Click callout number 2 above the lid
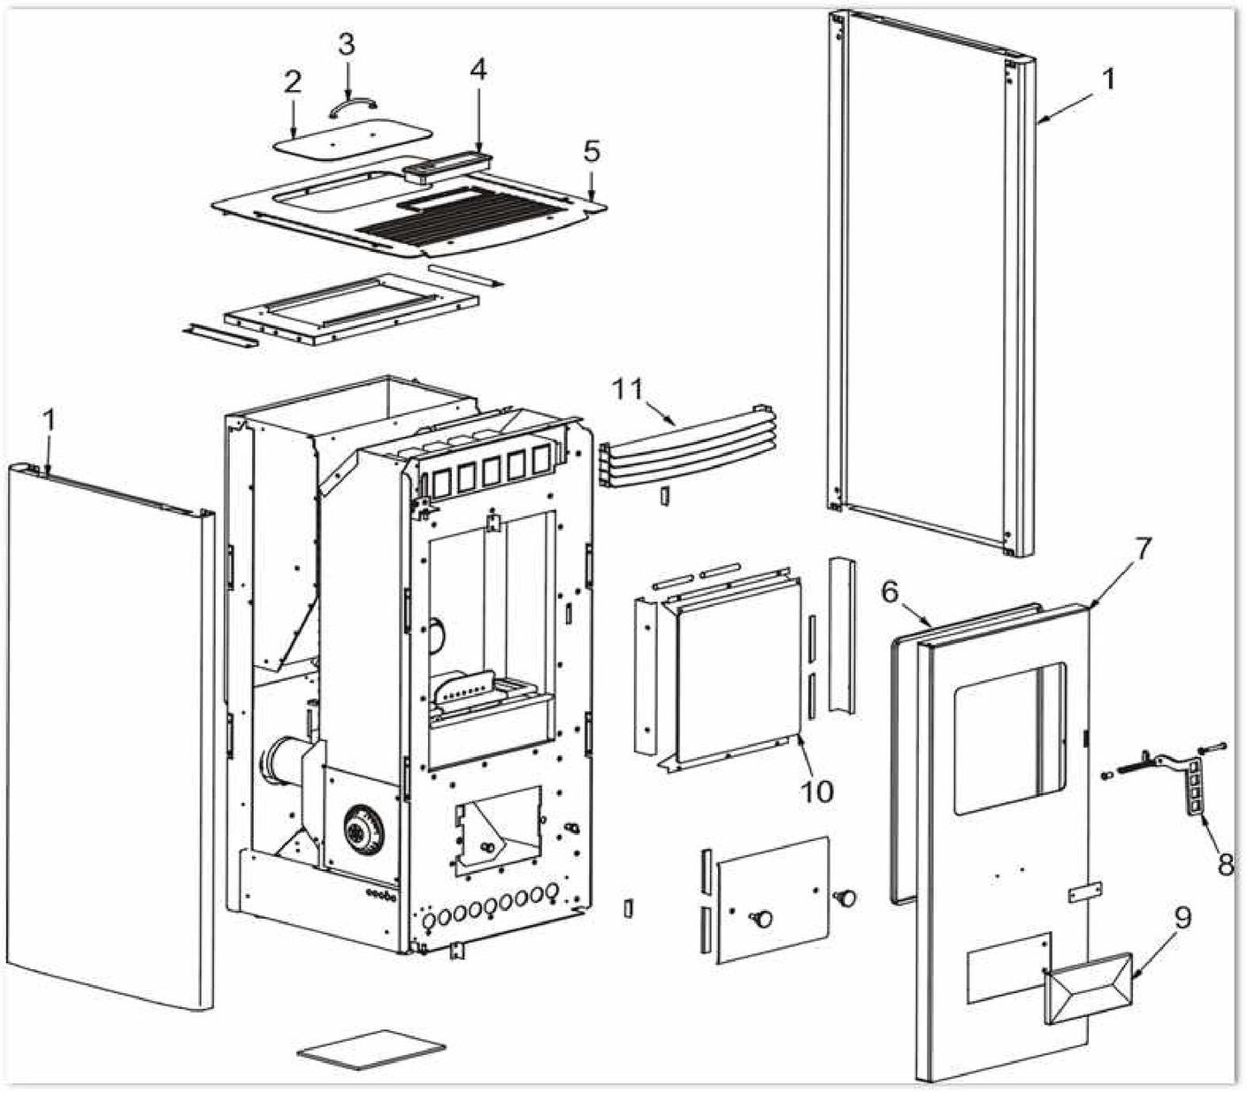(293, 82)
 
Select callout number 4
(478, 70)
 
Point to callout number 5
(592, 151)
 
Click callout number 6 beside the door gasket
(891, 592)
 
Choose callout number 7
(1143, 549)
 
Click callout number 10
(816, 790)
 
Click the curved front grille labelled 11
(685, 451)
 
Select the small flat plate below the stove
(371, 1050)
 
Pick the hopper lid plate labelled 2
(352, 138)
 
